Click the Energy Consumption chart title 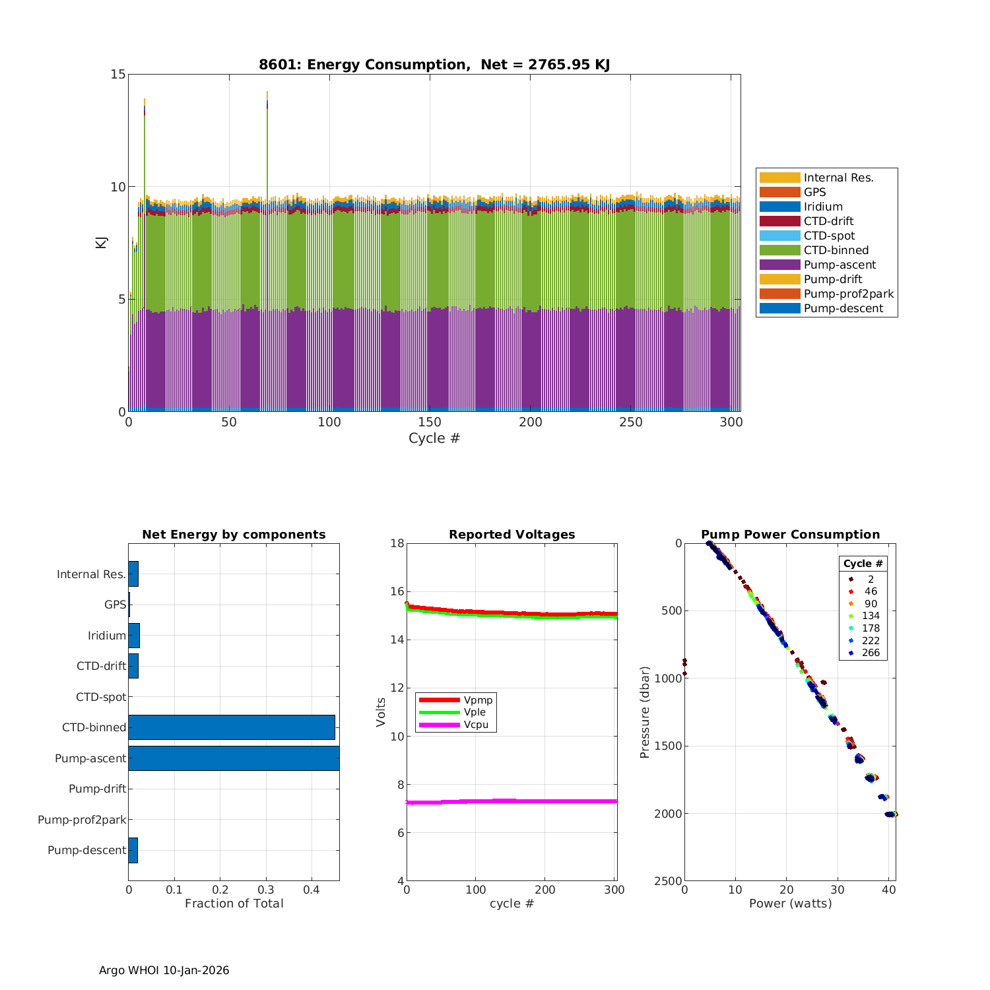[434, 65]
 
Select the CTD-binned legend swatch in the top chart [779, 250]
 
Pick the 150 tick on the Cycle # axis [430, 422]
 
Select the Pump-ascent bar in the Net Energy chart [234, 758]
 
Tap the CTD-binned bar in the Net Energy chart [231, 727]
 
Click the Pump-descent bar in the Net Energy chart [133, 850]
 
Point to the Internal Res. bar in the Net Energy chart [133, 574]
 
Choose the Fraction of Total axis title [234, 904]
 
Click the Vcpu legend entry [475, 725]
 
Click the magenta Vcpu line [515, 801]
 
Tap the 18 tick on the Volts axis [397, 543]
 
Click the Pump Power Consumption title [790, 535]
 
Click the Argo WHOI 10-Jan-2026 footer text [164, 970]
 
